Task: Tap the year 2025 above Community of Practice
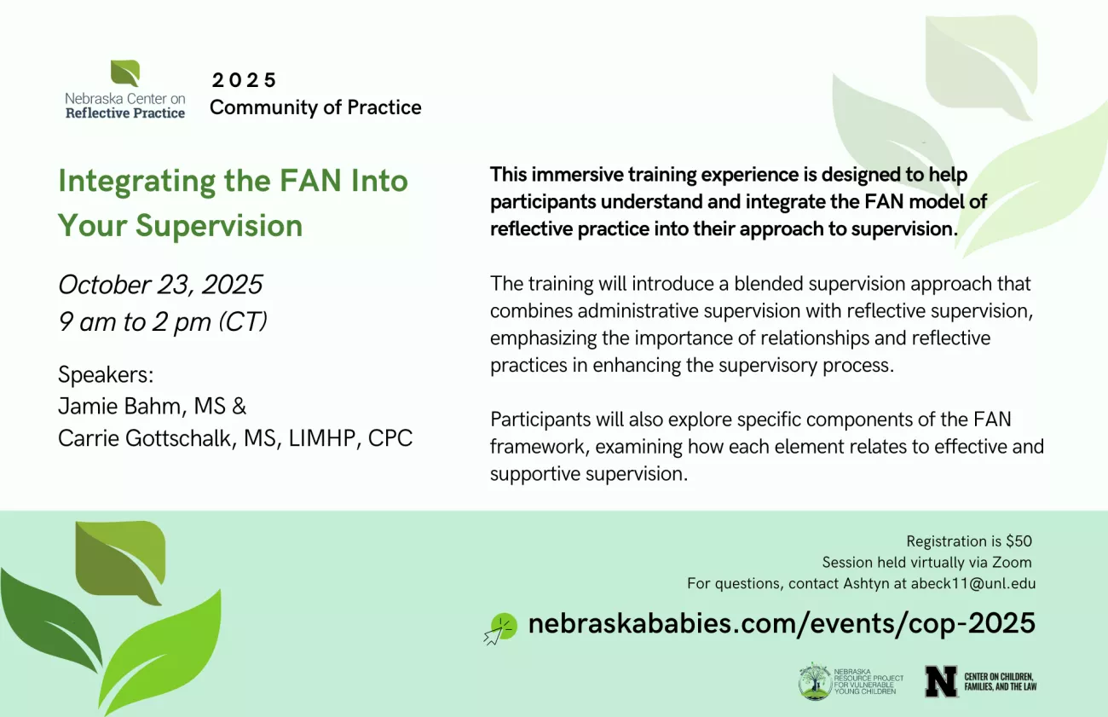[244, 80]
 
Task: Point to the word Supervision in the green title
[219, 226]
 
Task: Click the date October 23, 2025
[160, 285]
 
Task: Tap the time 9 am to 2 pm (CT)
[163, 321]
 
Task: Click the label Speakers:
[106, 374]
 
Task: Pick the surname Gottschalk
[178, 438]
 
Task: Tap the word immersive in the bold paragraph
[576, 175]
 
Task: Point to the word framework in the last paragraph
[540, 447]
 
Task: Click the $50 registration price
[1019, 541]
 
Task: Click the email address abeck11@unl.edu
[973, 584]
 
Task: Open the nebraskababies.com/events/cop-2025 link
[782, 623]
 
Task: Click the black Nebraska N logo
[941, 681]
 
